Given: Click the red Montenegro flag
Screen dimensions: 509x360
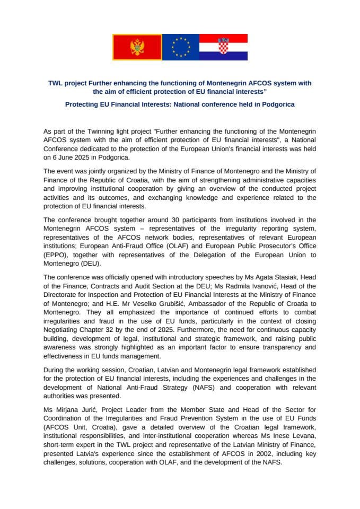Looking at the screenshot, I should [137, 47].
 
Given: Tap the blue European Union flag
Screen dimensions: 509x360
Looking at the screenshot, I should [181, 47].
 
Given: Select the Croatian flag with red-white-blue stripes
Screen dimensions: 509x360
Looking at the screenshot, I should [223, 47].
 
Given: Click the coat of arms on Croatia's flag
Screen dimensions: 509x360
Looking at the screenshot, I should [223, 46].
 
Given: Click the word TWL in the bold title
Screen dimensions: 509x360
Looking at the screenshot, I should [56, 83].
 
